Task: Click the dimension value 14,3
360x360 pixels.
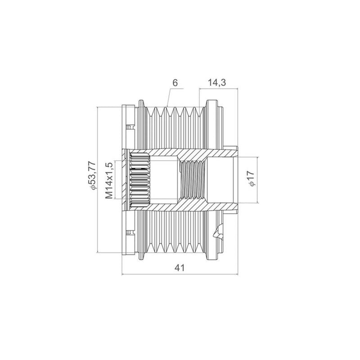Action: [x=217, y=82]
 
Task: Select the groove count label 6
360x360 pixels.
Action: [x=175, y=83]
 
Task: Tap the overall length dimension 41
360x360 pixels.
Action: [x=180, y=268]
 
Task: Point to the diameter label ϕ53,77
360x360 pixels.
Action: [x=92, y=175]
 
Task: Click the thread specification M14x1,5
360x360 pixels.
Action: [x=109, y=180]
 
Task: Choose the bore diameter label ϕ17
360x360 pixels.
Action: [x=252, y=178]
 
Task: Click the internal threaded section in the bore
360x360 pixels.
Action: [x=192, y=180]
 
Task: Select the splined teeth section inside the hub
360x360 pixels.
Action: [x=140, y=180]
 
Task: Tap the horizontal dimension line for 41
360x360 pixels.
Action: [x=180, y=274]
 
